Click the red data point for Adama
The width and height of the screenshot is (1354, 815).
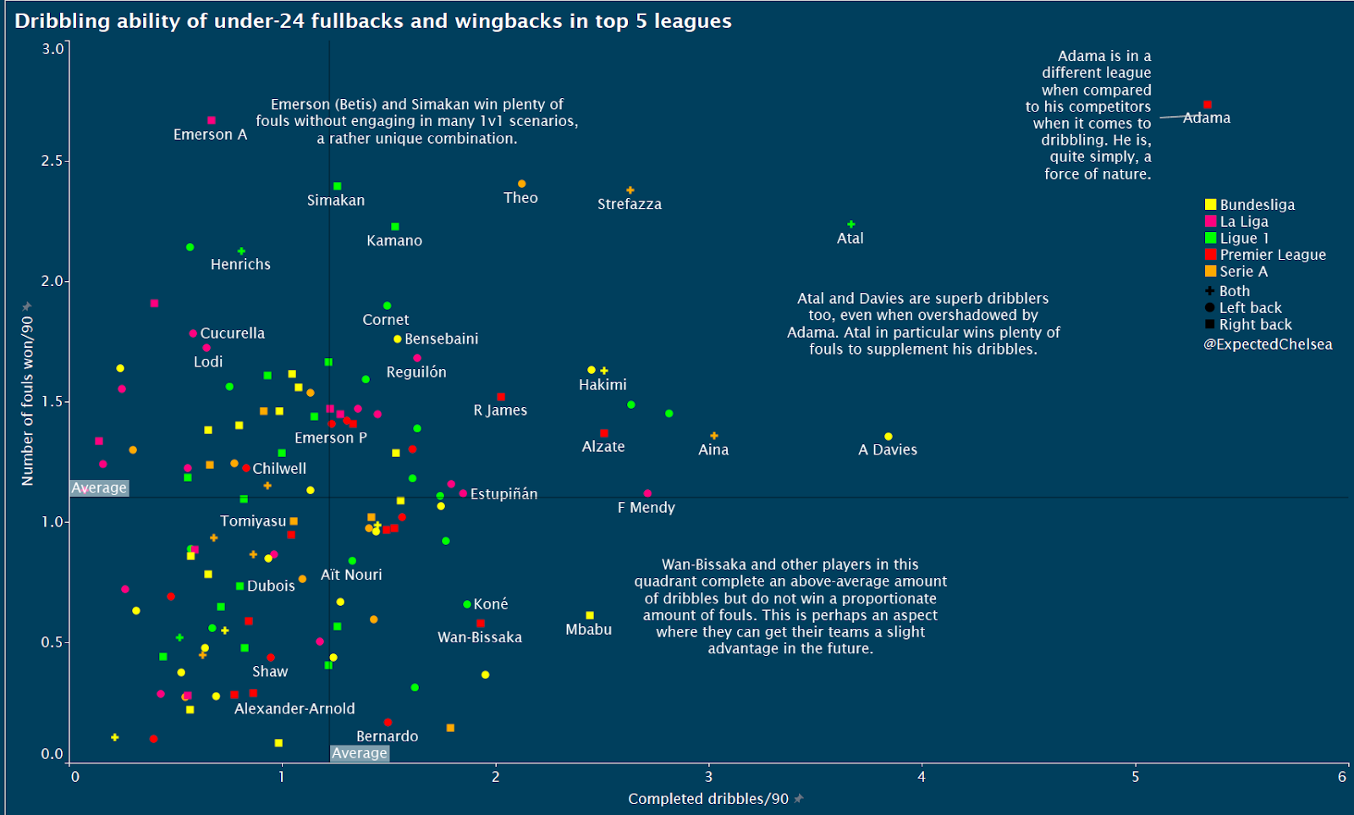point(1207,105)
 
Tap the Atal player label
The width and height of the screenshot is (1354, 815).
point(850,239)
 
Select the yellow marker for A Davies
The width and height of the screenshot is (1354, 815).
point(888,437)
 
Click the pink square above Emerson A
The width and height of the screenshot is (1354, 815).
point(212,120)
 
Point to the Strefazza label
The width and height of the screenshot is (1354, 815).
point(629,204)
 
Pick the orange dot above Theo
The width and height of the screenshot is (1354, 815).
point(521,184)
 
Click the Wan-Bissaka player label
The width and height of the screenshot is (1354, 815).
point(479,637)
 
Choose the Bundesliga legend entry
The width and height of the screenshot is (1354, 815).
point(1257,205)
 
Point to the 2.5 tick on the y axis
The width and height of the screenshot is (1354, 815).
point(52,161)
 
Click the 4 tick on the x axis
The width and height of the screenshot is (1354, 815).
point(922,777)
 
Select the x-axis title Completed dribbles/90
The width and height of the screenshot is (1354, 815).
point(707,799)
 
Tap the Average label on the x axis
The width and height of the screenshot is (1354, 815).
point(360,753)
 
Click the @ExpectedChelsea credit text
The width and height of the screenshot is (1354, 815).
point(1268,344)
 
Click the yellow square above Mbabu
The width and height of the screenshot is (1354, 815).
point(590,615)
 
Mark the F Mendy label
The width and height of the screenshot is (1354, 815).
point(646,508)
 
